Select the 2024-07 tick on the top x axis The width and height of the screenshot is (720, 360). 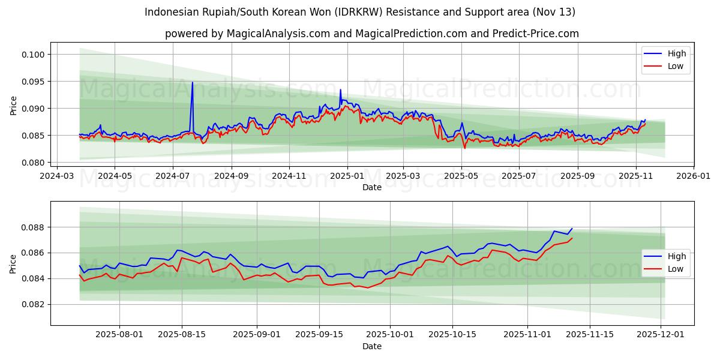click(173, 176)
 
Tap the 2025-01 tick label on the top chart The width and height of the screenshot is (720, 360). click(347, 176)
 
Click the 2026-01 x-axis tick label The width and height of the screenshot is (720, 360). click(694, 176)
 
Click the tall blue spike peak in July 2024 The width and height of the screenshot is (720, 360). click(193, 82)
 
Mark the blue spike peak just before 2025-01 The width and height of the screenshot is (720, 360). click(340, 90)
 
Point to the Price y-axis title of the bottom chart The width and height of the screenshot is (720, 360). click(13, 264)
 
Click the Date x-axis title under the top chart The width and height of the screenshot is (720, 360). click(372, 187)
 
